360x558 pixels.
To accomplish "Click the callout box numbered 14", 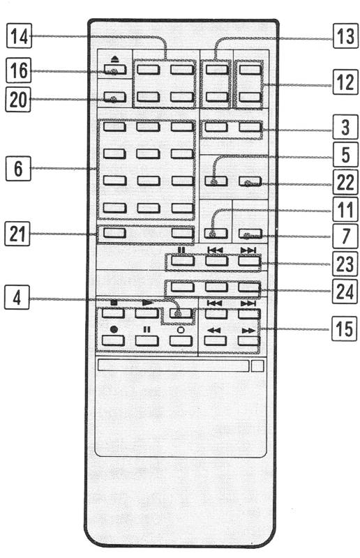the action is (20, 36).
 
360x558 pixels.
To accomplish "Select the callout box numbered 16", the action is (19, 70).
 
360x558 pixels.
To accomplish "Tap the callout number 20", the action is (18, 99).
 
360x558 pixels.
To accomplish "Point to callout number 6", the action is (18, 168).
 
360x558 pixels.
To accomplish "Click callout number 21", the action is (17, 234).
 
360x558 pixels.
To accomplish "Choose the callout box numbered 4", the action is (17, 297).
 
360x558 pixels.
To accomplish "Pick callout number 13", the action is (345, 36).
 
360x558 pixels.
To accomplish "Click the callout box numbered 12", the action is (345, 82).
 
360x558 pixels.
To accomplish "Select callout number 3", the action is (345, 127).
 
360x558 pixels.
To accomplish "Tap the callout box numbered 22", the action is (345, 182).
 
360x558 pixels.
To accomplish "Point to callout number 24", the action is (345, 291).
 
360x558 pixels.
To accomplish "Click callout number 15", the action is (344, 329).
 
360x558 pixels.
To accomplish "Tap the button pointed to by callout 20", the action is (114, 97).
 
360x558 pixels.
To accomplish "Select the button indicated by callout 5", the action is (216, 181).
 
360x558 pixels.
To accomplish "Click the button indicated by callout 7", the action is (250, 234).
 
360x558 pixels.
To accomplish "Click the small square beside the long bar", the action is (257, 365).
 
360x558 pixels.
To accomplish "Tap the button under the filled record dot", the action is (113, 340).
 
